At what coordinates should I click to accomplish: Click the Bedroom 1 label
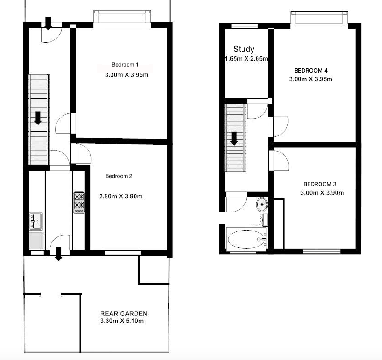(125, 65)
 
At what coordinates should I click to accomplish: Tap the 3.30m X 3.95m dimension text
(127, 75)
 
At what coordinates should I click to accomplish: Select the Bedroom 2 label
(119, 176)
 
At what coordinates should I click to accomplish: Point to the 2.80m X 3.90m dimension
(121, 196)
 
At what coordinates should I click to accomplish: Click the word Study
(244, 49)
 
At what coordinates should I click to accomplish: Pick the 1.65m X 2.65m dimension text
(246, 59)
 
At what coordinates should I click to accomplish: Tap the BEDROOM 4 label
(311, 71)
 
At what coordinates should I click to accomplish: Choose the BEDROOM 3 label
(320, 184)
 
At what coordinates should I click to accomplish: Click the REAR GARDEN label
(124, 314)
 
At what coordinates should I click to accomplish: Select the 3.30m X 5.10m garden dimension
(122, 321)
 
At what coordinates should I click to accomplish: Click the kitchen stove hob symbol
(79, 202)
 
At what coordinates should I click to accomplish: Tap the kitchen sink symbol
(36, 221)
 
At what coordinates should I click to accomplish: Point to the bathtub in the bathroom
(247, 239)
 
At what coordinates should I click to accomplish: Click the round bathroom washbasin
(262, 205)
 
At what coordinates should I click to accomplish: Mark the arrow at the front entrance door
(48, 23)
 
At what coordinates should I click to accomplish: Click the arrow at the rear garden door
(58, 254)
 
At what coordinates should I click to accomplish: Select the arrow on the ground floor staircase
(38, 118)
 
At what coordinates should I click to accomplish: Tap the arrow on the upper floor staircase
(234, 139)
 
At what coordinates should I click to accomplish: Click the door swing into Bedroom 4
(281, 127)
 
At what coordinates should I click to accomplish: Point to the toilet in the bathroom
(262, 219)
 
